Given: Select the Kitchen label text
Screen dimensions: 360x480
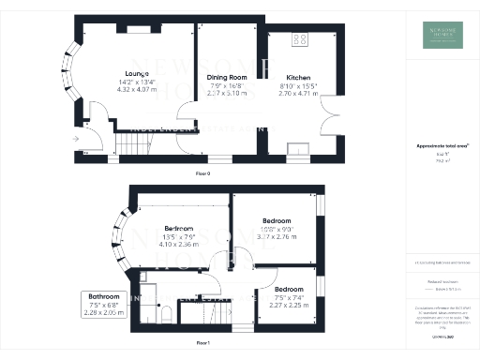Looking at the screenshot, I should click(x=299, y=78).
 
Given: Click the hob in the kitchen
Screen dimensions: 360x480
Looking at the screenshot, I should click(x=302, y=40).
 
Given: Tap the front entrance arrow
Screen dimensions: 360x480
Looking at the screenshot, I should click(x=75, y=136).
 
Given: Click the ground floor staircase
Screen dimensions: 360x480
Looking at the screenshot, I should click(x=132, y=142).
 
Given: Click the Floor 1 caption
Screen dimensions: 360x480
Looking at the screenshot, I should click(x=203, y=344).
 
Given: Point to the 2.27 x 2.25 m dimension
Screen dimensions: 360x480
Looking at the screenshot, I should click(x=288, y=304).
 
